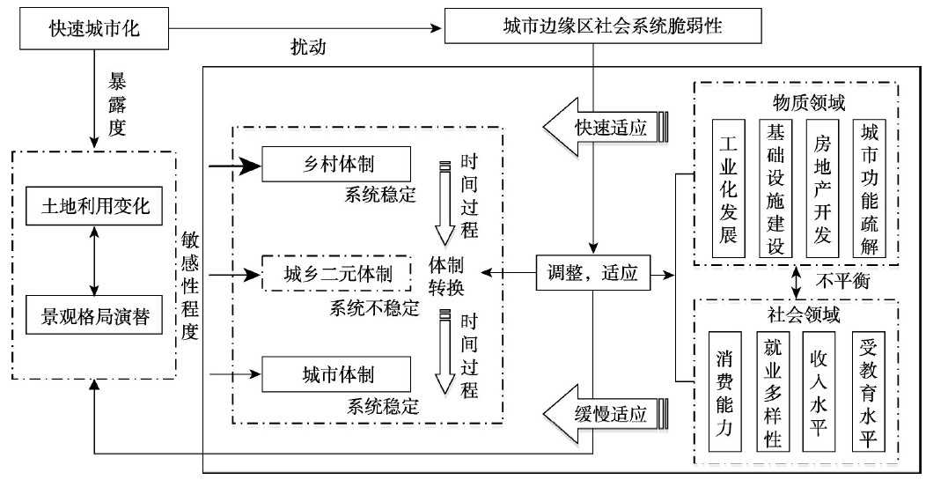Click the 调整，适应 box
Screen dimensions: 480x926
tap(592, 274)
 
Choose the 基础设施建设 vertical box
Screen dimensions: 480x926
tap(776, 188)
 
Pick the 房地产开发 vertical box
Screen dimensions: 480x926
tap(823, 188)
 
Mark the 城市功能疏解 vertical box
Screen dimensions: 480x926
tap(871, 188)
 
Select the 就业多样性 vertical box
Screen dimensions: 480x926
tap(774, 390)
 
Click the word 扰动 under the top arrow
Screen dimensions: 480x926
tap(308, 49)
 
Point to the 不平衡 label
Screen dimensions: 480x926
tap(835, 280)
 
